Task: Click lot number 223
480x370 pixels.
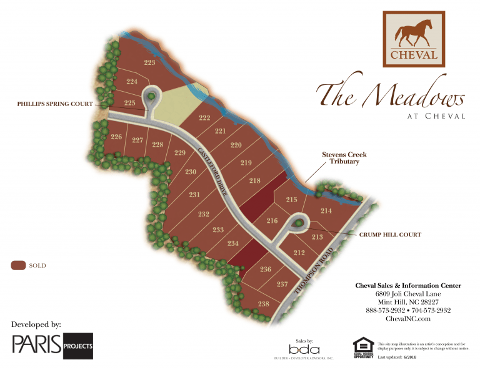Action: click(x=149, y=62)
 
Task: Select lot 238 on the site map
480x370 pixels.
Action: click(x=263, y=304)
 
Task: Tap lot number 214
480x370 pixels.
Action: click(x=326, y=211)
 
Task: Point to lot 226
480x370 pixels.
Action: click(x=116, y=137)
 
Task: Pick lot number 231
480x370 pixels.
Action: click(x=194, y=195)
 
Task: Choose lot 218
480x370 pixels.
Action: click(x=254, y=181)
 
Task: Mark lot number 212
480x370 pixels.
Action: click(x=299, y=252)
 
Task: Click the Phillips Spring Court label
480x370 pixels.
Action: click(x=55, y=104)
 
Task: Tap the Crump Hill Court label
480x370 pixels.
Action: click(x=390, y=235)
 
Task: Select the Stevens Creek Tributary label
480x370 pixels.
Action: click(x=344, y=158)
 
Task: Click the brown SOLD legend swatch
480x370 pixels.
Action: click(x=18, y=266)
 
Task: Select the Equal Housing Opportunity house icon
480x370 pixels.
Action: click(x=363, y=346)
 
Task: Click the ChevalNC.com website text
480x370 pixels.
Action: click(x=408, y=319)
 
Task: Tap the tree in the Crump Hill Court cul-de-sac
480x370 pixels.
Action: click(x=299, y=223)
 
